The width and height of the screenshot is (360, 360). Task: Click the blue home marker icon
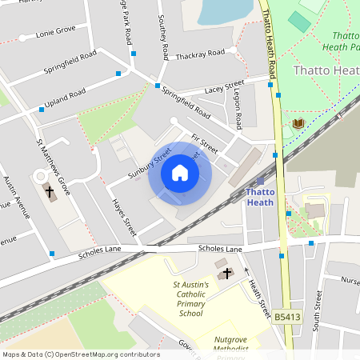pos(180,173)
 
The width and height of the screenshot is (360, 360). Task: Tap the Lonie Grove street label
pos(54,30)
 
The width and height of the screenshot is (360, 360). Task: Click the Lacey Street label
pos(224,86)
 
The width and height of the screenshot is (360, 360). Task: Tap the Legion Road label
pos(238,109)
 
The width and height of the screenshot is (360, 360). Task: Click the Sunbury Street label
pos(150,162)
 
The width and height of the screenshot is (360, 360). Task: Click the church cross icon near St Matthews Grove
pos(49,193)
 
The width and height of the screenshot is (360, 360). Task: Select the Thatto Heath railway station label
pos(260,197)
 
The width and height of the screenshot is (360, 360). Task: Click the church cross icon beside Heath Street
pos(226,273)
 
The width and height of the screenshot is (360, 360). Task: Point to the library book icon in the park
pos(298,123)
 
